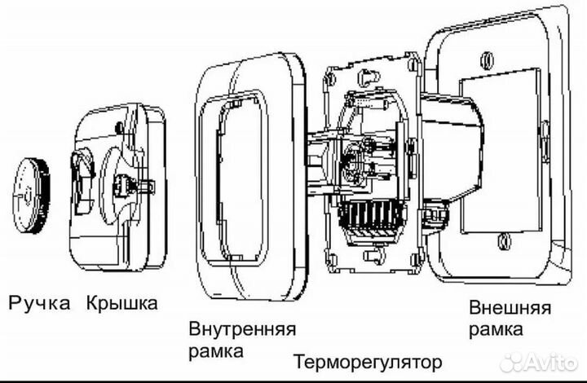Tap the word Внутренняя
[x=242, y=330]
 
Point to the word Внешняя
[x=510, y=309]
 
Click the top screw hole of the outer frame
[x=488, y=59]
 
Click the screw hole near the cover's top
[x=120, y=126]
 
